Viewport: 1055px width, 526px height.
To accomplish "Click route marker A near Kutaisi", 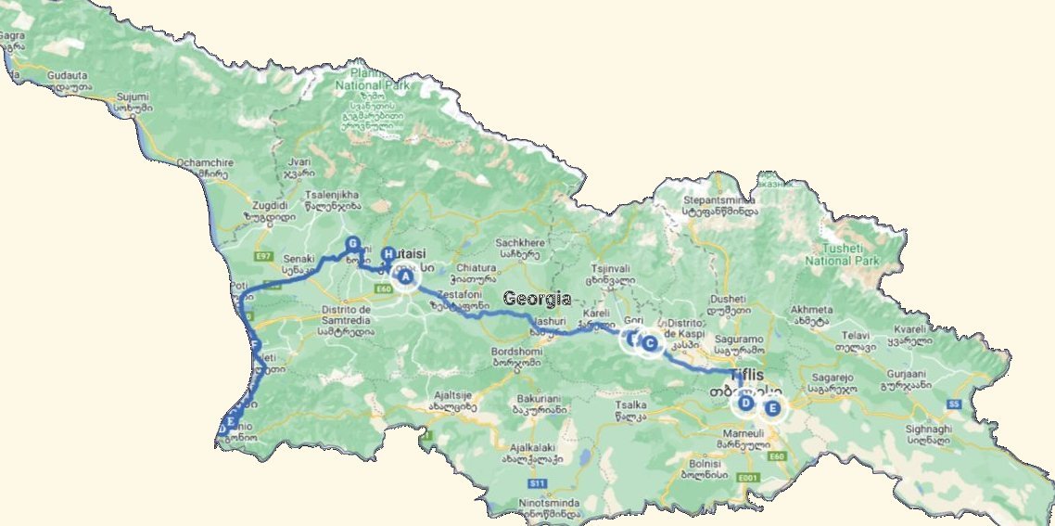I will coord(405,276).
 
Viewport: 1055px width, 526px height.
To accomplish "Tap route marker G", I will coord(352,244).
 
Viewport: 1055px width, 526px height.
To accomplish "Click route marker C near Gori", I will coord(650,344).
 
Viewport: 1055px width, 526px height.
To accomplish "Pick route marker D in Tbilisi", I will coord(745,403).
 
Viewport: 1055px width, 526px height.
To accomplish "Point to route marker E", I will coord(772,407).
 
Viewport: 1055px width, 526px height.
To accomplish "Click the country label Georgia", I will coord(537,299).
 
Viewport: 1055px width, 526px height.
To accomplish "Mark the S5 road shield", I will coord(954,404).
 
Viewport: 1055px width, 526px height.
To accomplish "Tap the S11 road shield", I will coord(537,483).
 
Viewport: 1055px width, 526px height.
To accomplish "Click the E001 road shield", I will coord(747,477).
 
